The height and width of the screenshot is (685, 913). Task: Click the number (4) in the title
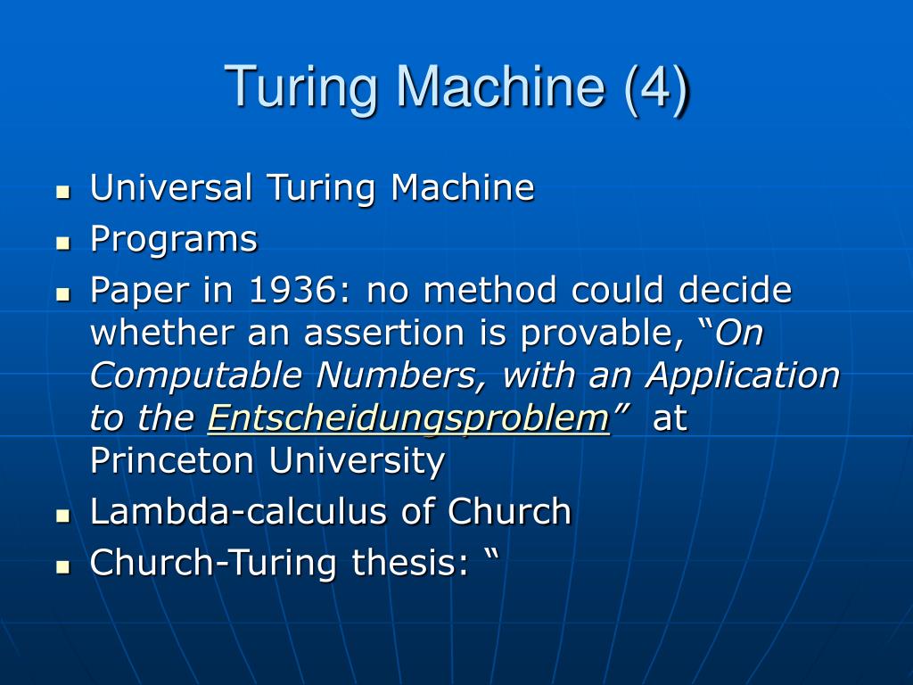pos(656,87)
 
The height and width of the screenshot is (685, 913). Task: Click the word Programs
pos(174,240)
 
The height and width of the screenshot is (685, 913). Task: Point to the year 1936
pos(284,290)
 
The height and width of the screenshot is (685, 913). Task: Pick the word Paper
pos(134,290)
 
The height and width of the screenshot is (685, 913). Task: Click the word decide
pos(736,290)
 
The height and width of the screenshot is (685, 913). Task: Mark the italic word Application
pos(744,376)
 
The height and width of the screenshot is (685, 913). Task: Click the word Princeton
pos(174,461)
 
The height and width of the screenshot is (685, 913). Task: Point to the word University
pos(358,461)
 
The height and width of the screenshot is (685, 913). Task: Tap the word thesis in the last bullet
pos(406,563)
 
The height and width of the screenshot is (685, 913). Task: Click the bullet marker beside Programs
pos(62,242)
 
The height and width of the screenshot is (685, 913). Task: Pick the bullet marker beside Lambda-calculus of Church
pos(62,515)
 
